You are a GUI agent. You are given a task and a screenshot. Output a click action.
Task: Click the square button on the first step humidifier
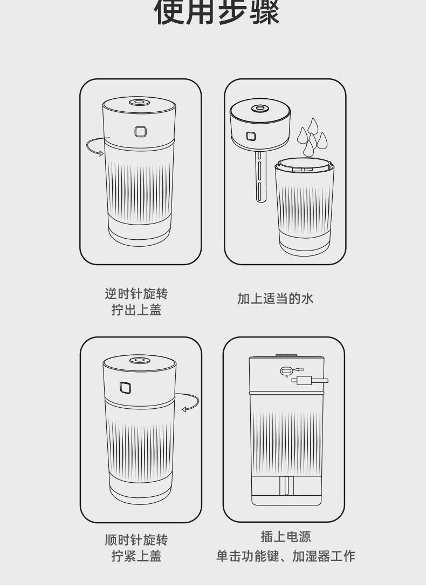tap(141, 132)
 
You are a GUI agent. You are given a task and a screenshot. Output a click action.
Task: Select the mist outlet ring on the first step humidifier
tap(139, 102)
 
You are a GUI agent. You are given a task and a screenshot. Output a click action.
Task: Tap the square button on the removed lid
tap(251, 137)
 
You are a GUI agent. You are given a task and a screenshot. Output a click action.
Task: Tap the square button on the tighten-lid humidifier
tap(126, 387)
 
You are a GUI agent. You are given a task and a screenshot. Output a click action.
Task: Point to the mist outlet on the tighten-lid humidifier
tap(139, 360)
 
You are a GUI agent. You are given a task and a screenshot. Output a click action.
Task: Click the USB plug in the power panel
tap(310, 381)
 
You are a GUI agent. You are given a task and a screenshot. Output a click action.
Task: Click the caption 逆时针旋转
tap(136, 294)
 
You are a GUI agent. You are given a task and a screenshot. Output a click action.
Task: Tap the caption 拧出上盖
tap(136, 310)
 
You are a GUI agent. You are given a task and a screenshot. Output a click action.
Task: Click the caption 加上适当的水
tap(275, 299)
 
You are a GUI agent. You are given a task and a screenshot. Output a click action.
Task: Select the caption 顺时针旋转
tap(136, 540)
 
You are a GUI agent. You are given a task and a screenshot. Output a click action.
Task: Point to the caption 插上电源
tap(286, 537)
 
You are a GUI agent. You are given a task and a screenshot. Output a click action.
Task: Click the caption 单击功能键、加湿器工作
tap(286, 556)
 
